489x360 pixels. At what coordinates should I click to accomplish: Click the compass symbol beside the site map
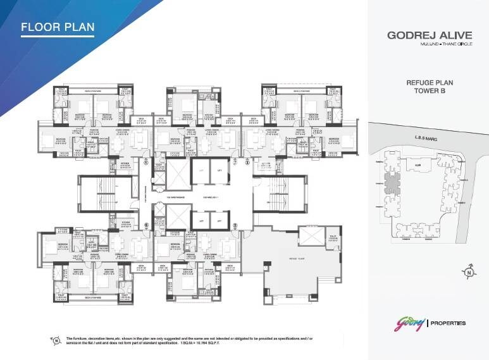tap(469, 273)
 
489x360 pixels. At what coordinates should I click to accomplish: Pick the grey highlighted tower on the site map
tap(393, 184)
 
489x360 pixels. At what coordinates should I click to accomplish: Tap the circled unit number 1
tap(145, 162)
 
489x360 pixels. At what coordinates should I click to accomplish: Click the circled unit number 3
tap(247, 162)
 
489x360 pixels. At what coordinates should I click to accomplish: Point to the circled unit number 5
tap(235, 225)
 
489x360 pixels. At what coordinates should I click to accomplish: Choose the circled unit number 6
tap(145, 225)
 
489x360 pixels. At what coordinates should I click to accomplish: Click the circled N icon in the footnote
tap(56, 341)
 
